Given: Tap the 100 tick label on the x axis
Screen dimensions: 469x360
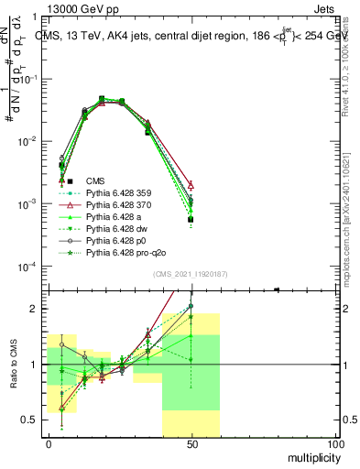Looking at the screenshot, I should (335, 443).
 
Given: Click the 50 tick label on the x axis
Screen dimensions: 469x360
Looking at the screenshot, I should (191, 443).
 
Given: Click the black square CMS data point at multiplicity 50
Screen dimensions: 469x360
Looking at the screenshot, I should (191, 220).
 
